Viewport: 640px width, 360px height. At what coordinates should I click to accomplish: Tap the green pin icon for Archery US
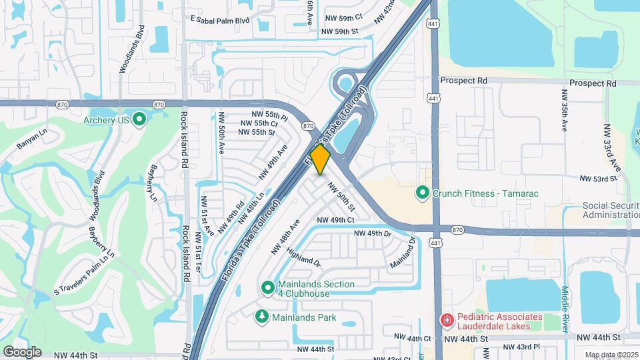pyautogui.click(x=139, y=120)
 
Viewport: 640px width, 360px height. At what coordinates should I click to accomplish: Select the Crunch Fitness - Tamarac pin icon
pyautogui.click(x=422, y=193)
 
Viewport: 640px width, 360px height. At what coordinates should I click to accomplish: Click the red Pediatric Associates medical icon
pyautogui.click(x=447, y=321)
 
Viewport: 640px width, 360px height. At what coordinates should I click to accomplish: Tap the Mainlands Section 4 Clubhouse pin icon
pyautogui.click(x=267, y=288)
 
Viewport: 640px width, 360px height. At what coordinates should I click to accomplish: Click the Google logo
pyautogui.click(x=22, y=351)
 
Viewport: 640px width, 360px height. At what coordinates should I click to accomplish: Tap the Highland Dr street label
pyautogui.click(x=303, y=257)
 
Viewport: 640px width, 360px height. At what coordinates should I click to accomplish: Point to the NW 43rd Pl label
pyautogui.click(x=521, y=347)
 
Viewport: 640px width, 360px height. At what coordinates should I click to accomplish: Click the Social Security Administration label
pyautogui.click(x=611, y=210)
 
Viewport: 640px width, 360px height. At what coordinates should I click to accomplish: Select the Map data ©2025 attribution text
pyautogui.click(x=611, y=355)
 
